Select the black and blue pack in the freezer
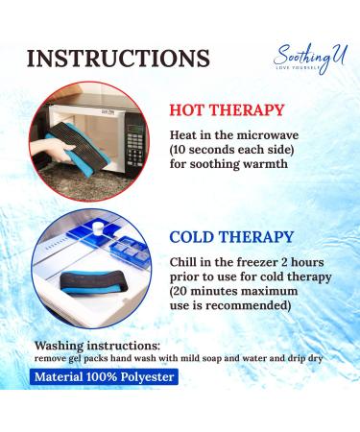84,282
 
